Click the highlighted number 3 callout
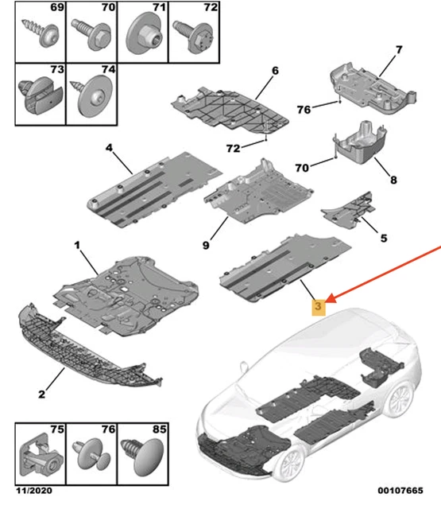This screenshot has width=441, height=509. [318, 306]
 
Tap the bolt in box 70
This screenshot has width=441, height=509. [91, 34]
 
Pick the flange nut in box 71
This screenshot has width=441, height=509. [143, 35]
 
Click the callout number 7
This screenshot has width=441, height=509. [399, 49]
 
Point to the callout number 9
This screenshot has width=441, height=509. [206, 245]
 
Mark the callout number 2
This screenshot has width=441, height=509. [42, 394]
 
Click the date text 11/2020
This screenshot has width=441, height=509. [34, 490]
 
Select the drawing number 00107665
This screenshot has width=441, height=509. [400, 490]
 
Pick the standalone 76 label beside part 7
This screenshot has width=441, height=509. [304, 110]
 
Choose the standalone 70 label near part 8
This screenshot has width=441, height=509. [302, 168]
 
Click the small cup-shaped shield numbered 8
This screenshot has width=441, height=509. [360, 143]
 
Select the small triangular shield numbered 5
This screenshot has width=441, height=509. [349, 211]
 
